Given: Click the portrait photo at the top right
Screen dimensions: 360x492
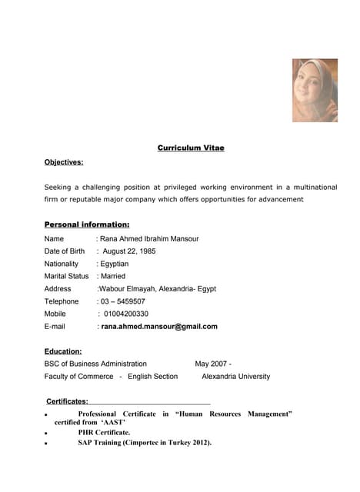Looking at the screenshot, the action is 315,91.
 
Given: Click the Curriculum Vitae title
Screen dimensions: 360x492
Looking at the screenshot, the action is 191,148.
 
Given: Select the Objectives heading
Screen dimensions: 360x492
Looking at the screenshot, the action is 64,162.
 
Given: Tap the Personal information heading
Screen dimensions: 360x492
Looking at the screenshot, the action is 87,224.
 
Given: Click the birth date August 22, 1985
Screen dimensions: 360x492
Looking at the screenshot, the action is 128,251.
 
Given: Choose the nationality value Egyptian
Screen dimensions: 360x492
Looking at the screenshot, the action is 115,264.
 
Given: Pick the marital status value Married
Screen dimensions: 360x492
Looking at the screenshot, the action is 113,276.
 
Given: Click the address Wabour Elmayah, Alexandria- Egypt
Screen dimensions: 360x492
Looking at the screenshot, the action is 157,289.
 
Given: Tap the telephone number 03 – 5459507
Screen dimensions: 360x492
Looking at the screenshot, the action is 123,301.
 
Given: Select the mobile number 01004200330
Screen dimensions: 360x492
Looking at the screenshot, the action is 125,314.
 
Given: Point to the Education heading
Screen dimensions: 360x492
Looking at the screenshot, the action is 63,351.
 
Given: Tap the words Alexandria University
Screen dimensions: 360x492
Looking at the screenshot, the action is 235,377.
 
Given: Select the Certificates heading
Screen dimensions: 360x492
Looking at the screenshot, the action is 68,401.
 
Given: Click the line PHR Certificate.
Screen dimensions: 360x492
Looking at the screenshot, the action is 104,432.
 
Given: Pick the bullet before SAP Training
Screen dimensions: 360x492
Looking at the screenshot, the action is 46,444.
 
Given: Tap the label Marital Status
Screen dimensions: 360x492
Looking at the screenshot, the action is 67,276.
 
